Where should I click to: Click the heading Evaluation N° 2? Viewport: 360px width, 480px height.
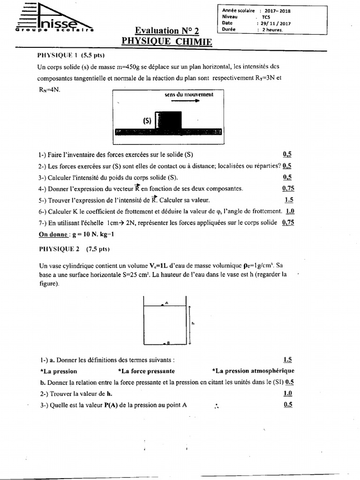click(167, 31)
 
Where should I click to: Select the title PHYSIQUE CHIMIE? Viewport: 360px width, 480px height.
click(166, 42)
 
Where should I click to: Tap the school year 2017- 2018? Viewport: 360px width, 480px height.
click(277, 10)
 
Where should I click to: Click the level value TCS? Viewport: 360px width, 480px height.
click(266, 16)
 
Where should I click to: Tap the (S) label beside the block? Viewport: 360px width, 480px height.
click(147, 121)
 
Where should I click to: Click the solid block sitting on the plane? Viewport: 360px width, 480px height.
click(169, 120)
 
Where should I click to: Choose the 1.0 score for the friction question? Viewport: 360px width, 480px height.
click(290, 211)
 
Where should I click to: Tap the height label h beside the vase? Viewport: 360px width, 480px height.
click(193, 322)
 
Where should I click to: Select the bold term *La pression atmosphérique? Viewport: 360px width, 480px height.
click(253, 371)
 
